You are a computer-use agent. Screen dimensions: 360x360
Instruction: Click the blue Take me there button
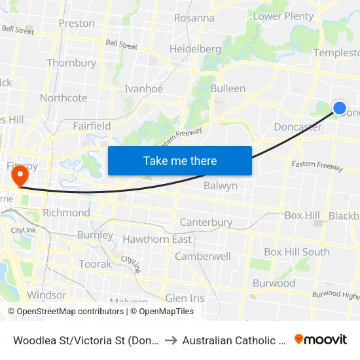coord(180,160)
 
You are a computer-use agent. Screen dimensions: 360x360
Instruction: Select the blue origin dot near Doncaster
coord(340,109)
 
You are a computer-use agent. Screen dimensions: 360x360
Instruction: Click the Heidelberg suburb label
coord(195,49)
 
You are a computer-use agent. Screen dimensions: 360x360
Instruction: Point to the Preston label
coord(77,24)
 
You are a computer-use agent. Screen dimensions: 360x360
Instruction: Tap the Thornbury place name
coord(71,63)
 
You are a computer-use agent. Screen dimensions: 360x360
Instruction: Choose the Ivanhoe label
coord(144,89)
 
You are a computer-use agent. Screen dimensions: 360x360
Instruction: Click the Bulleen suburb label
coord(228,88)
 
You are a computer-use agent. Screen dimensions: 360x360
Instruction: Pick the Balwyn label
coord(221,186)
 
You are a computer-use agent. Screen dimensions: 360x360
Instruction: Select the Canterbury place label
coord(206,223)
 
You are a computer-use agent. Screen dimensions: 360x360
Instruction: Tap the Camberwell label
coord(203,257)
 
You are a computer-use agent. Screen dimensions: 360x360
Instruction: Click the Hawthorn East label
coord(157,240)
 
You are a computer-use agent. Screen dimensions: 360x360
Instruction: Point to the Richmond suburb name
coord(66,213)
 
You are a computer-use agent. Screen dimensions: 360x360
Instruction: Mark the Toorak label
coord(95,264)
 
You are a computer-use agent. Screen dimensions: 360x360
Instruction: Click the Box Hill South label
coord(297,252)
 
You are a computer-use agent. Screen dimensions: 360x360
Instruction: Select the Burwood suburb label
coord(274,284)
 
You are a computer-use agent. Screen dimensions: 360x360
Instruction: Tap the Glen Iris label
coord(185,298)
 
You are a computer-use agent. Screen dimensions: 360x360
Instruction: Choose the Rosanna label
coord(194,18)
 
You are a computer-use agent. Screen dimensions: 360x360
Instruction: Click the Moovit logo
coord(321,340)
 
